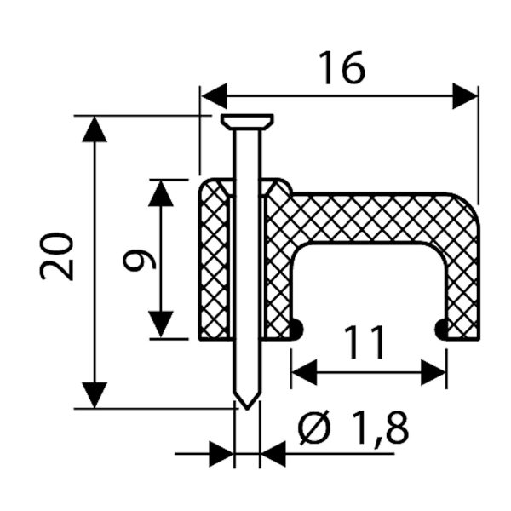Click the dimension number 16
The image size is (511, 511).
[341, 67]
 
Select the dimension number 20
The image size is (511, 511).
[59, 259]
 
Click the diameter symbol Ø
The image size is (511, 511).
[314, 428]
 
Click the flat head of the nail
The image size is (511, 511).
[246, 121]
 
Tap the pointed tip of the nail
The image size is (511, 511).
[246, 402]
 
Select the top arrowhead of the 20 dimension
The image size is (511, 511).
[95, 128]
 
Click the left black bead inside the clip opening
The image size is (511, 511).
[296, 329]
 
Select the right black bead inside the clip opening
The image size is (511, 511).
[441, 329]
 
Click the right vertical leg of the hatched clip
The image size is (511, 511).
[462, 273]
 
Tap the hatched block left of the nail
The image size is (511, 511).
[214, 260]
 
